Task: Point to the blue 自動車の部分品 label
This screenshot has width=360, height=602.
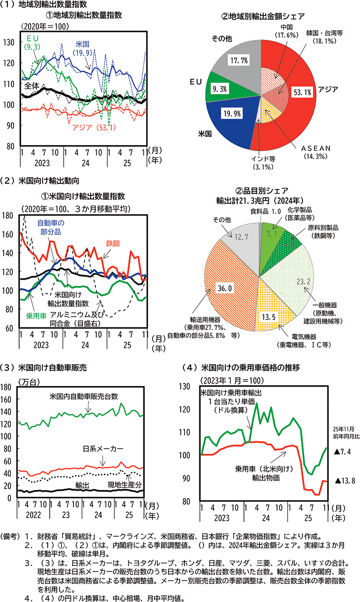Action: click(52, 226)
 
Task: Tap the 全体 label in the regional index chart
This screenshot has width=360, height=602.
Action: click(32, 87)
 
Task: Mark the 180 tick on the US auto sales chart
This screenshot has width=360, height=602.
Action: click(8, 386)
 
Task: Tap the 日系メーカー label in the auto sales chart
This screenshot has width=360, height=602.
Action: click(102, 448)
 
